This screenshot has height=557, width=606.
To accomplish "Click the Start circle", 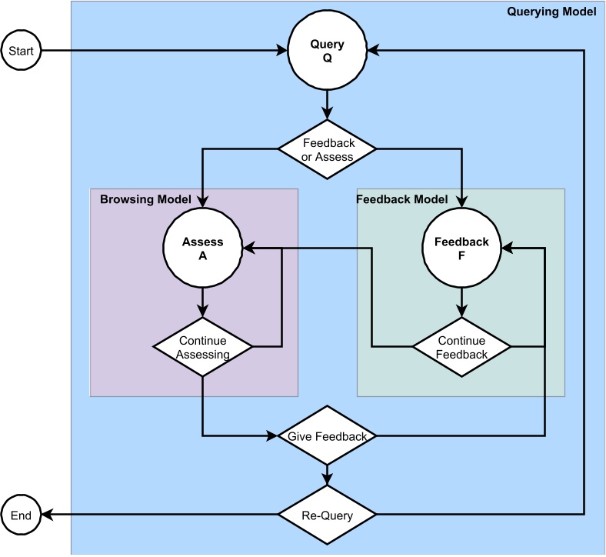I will (21, 52).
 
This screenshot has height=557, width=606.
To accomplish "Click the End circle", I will (21, 515).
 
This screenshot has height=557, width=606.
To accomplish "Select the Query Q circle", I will (327, 52).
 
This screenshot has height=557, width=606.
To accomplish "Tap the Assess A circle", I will (202, 248).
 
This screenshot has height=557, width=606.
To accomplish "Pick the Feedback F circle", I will (461, 248).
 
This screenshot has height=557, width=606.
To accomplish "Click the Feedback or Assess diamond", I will (327, 149).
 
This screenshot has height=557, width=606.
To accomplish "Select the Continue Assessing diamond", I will (202, 347).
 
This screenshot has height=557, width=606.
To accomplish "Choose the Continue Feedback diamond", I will (461, 347).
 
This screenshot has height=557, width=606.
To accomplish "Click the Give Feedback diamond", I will (327, 436).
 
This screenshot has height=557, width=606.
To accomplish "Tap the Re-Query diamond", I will (327, 515).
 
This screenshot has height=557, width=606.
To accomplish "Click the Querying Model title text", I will (551, 12).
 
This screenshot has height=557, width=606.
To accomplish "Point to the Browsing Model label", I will (145, 199).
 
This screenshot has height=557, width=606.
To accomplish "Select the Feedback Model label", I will (401, 199).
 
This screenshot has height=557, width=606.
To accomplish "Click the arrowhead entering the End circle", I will (46, 515).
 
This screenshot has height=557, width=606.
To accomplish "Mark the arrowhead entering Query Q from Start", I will (281, 52).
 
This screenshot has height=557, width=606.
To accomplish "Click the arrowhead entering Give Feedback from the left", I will (271, 436).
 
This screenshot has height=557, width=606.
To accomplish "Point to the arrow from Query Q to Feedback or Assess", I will (327, 105).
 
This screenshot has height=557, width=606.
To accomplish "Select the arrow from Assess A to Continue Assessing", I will (202, 302).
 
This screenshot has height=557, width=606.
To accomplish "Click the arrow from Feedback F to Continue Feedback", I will (461, 302).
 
